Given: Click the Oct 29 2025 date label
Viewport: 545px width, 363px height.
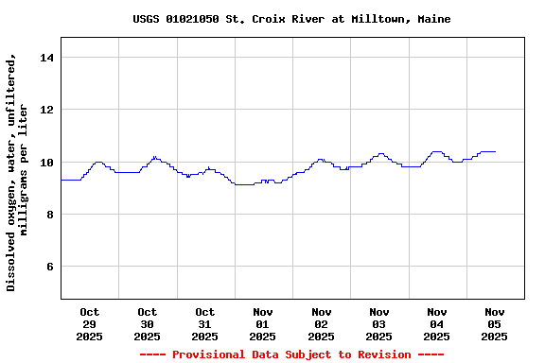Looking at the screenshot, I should pos(89,324).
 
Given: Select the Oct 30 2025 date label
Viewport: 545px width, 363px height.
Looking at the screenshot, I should pos(147,324).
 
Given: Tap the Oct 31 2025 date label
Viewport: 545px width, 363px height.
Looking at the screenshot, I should pos(204,324).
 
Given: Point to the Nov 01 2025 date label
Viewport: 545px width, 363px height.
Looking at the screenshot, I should pos(262,324).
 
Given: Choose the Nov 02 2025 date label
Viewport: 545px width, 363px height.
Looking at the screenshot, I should pos(321,324).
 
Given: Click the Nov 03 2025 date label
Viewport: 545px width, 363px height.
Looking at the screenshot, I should pos(378,324).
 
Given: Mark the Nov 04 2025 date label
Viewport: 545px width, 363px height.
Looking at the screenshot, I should pos(436,324).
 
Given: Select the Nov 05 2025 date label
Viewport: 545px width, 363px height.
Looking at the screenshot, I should pos(494,324).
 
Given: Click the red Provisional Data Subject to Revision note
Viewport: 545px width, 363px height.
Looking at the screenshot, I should pos(291,354).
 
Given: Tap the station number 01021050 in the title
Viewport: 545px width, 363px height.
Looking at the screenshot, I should pos(196,19).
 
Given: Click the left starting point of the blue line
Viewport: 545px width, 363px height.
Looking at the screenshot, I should pos(62,180).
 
